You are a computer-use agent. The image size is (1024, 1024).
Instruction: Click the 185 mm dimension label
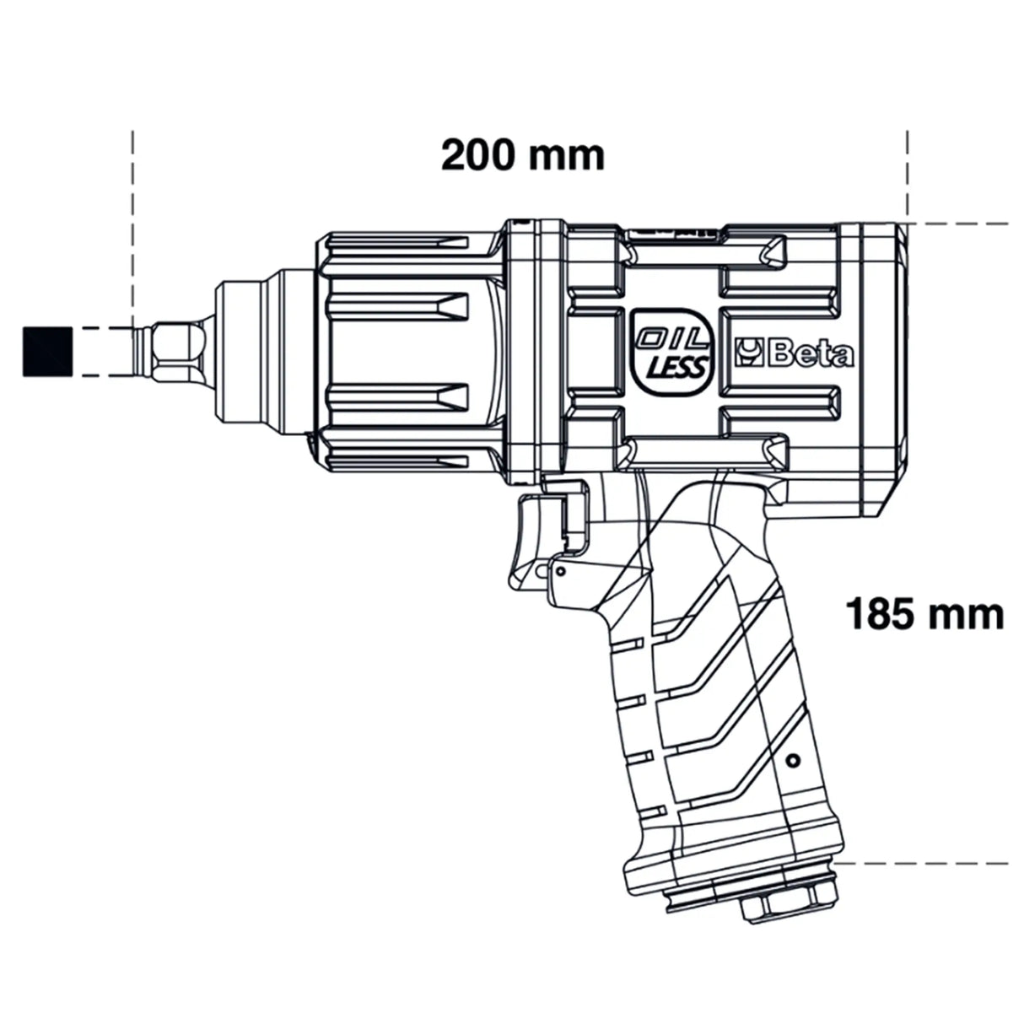tap(924, 614)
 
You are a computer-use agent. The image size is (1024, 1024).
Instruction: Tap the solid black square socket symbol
tap(46, 348)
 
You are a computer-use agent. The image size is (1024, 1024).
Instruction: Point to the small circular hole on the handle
tap(790, 761)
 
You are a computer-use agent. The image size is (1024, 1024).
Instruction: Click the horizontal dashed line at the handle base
tap(928, 863)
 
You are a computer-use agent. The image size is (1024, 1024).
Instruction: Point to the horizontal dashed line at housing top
tap(962, 224)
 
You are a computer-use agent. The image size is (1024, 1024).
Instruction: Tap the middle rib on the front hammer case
tap(396, 305)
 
